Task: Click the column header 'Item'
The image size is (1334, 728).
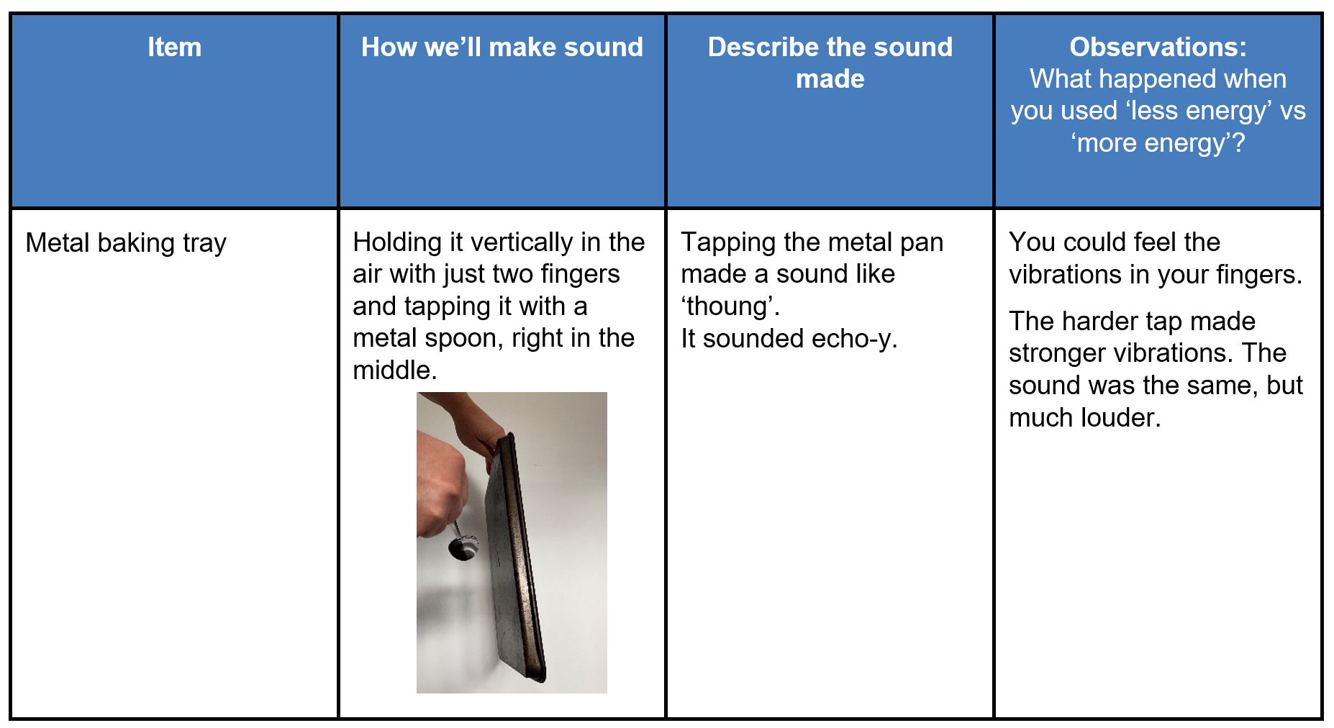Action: tap(174, 47)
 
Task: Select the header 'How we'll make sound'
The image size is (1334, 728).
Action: tap(502, 47)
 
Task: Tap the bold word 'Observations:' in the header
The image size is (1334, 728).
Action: tap(1157, 47)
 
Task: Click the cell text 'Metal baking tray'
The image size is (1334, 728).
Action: tap(126, 243)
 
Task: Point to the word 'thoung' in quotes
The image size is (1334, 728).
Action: tap(729, 307)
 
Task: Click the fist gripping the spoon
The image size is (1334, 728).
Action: tap(439, 489)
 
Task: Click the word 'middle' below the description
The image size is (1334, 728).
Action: tap(392, 371)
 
